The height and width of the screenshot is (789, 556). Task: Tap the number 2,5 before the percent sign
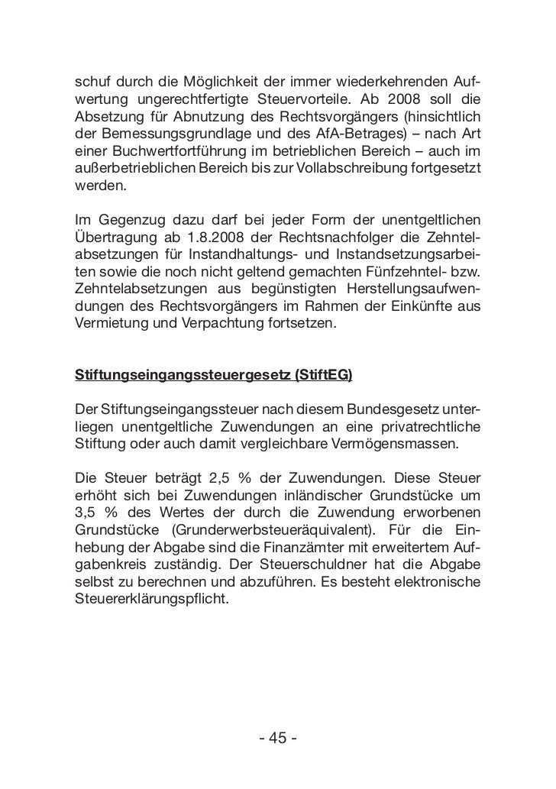tap(218, 480)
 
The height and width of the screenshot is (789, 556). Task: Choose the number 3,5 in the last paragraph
tap(86, 515)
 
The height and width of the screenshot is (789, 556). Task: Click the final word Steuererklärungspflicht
tap(151, 600)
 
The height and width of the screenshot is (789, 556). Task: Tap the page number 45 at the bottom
tap(277, 739)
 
